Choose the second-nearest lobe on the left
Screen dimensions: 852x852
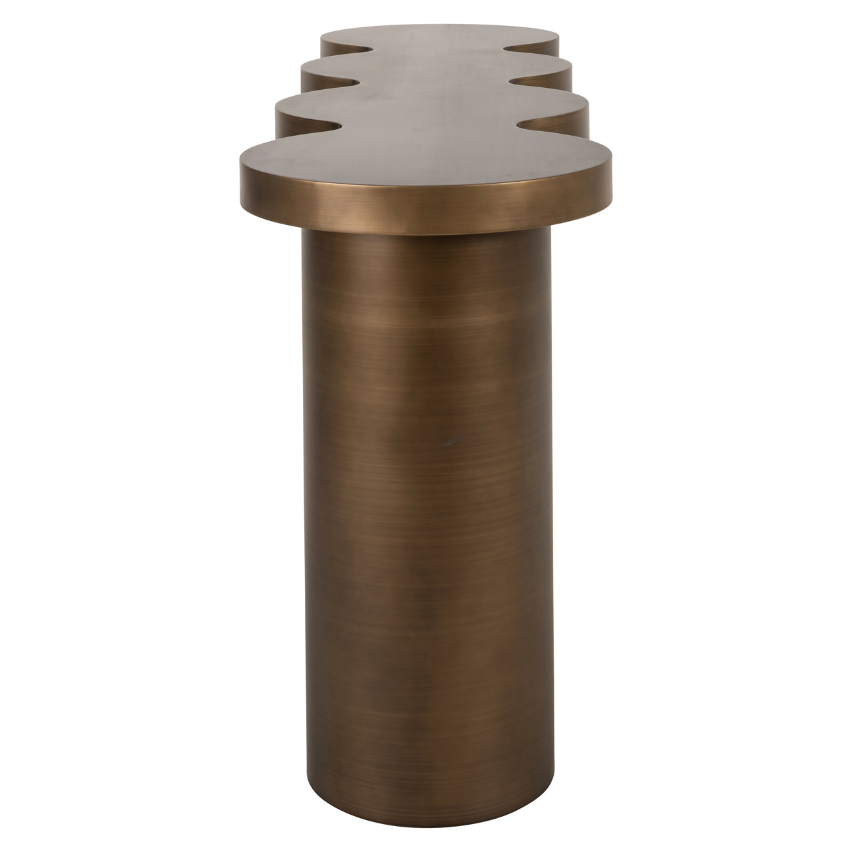(293, 110)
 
